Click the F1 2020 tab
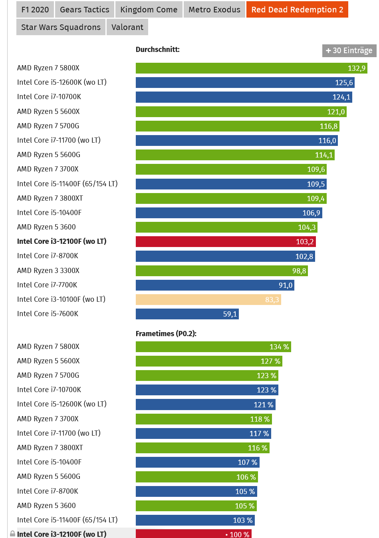coord(35,10)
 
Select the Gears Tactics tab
coord(84,10)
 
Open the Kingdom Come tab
coord(149,10)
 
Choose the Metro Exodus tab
coord(214,10)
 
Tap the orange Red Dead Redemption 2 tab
coord(297,10)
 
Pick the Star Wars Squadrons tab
coord(61,27)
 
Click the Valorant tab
coord(127,27)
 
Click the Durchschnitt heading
coord(157,50)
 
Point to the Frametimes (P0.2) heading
coord(166,333)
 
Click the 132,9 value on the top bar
coord(356,68)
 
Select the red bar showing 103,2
coord(226,241)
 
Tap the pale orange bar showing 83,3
coord(208,299)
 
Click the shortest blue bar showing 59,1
coord(187,314)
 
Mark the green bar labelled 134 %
coord(213,347)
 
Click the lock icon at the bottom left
coord(12,534)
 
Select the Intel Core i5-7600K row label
coord(48,314)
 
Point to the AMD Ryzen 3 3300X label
coord(48,271)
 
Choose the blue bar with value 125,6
coord(245,83)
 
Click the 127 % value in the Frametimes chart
coord(270,361)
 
